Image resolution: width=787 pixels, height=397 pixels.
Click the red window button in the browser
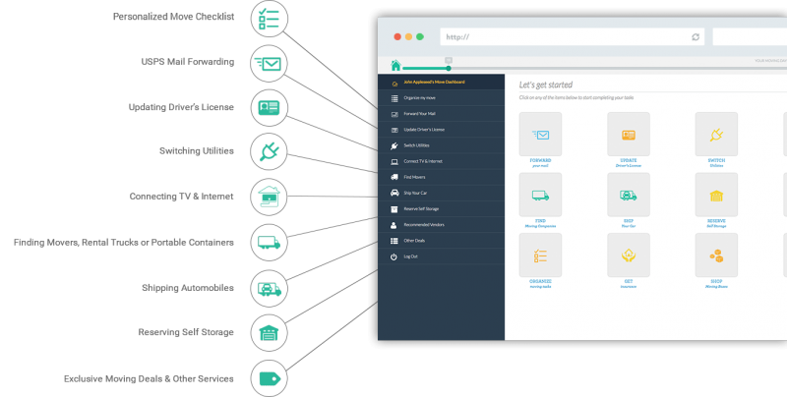pos(398,36)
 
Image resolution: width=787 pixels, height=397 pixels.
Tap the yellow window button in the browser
pos(409,36)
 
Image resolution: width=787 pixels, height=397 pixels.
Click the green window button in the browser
pos(420,36)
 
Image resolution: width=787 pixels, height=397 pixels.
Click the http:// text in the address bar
pos(457,37)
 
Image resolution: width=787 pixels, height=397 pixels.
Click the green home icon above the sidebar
pos(395,66)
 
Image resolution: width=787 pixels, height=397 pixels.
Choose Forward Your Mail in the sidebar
pos(420,114)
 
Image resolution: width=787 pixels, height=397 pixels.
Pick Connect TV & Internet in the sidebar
pos(424,161)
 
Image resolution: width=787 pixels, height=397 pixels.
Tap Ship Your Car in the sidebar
pos(416,193)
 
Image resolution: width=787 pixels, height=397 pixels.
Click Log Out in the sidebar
pos(411,256)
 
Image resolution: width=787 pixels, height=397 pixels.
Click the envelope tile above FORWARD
pos(540,133)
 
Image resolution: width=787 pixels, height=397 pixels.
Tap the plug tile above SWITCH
pos(716,133)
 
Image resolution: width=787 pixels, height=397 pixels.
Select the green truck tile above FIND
pos(540,195)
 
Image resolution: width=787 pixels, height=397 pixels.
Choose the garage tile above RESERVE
pos(716,195)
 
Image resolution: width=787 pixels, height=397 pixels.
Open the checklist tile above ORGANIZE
pos(540,255)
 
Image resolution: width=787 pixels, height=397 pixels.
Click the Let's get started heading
pos(546,85)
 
